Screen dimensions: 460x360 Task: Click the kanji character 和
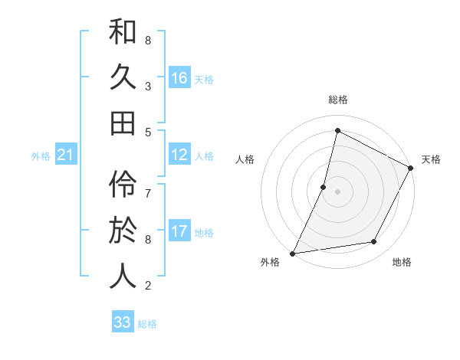(123, 33)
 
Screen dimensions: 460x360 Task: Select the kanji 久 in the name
(123, 77)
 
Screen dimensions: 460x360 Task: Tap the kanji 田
(123, 122)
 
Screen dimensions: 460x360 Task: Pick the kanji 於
(123, 231)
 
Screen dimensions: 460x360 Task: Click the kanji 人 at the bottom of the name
(123, 275)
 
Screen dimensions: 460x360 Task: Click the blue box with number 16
(179, 77)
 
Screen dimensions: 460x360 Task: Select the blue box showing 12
(179, 155)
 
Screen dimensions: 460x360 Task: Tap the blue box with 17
(179, 231)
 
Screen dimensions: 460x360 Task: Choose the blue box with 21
(65, 155)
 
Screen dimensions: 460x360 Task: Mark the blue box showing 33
(123, 322)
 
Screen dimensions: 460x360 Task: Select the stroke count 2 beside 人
(147, 286)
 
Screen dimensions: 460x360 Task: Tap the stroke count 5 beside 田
(147, 132)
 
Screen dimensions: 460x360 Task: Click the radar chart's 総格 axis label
(337, 100)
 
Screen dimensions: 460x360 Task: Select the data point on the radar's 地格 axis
(374, 242)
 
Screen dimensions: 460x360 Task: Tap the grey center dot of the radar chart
(337, 191)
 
